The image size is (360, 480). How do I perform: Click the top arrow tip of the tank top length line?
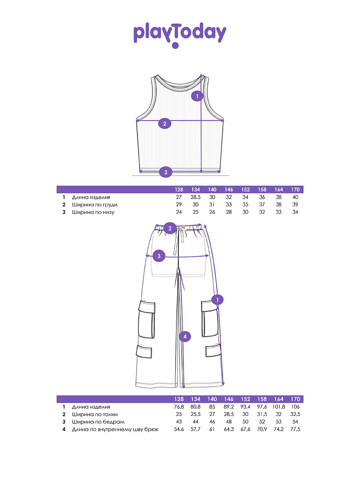pyautogui.click(x=201, y=75)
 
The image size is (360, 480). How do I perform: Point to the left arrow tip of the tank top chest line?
pyautogui.click(x=137, y=120)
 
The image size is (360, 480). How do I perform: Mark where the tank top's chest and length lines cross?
pyautogui.click(x=201, y=120)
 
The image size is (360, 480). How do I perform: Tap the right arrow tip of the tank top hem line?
pyautogui.click(x=220, y=172)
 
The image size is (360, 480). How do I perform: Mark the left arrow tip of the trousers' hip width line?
pyautogui.click(x=146, y=256)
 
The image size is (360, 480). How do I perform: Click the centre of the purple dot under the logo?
pyautogui.click(x=175, y=45)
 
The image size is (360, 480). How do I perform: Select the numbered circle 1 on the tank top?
pyautogui.click(x=197, y=96)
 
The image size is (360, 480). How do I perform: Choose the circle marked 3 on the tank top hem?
pyautogui.click(x=166, y=172)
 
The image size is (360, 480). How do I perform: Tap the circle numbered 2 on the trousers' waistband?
pyautogui.click(x=170, y=228)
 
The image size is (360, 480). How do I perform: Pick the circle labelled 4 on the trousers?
pyautogui.click(x=185, y=336)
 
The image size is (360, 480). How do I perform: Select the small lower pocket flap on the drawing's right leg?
pyautogui.click(x=213, y=351)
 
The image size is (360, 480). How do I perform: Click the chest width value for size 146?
pyautogui.click(x=229, y=204)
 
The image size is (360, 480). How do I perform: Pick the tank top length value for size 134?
pyautogui.click(x=196, y=197)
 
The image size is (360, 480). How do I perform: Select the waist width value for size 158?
pyautogui.click(x=262, y=414)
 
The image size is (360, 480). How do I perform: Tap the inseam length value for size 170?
pyautogui.click(x=295, y=429)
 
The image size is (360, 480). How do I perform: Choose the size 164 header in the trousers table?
pyautogui.click(x=279, y=399)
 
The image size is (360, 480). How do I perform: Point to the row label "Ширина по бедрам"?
pyautogui.click(x=98, y=422)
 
